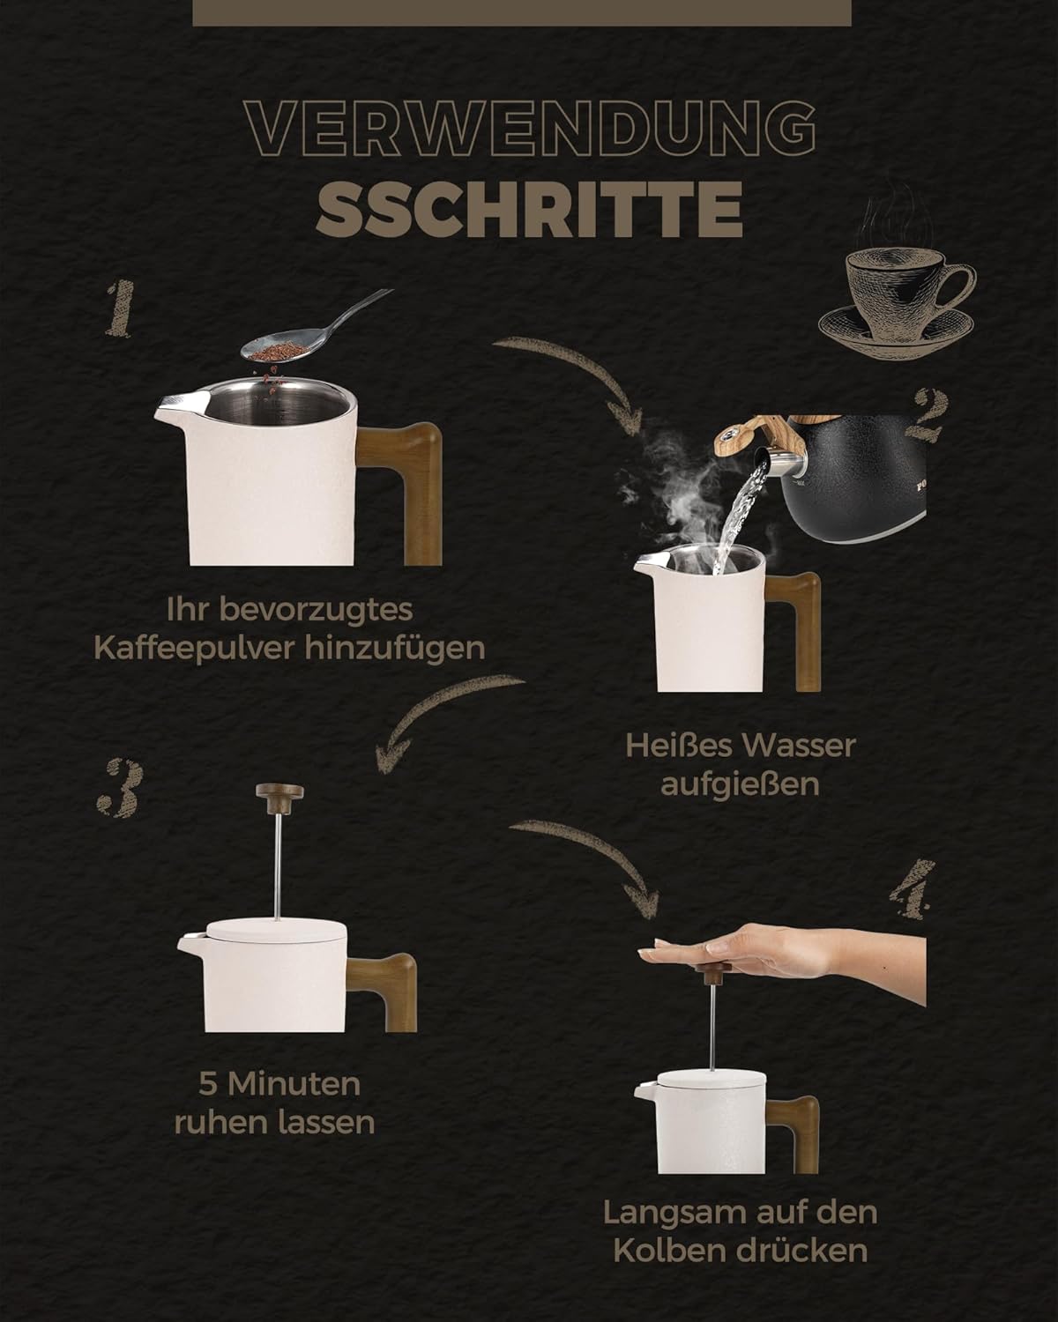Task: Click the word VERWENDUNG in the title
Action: [530, 129]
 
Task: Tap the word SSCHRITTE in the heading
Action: [530, 209]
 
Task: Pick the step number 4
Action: [912, 889]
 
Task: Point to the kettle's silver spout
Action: [778, 461]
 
